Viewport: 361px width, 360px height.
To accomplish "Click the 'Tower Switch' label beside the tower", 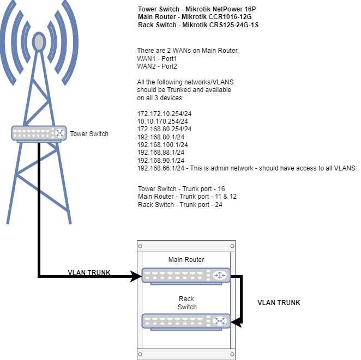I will [89, 134].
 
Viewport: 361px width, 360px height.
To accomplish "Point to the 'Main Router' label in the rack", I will [186, 259].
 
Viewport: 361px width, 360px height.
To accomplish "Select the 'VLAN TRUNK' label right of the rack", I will [279, 303].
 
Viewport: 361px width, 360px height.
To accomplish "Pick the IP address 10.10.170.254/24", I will [163, 121].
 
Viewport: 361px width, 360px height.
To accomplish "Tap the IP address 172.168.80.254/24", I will [164, 129].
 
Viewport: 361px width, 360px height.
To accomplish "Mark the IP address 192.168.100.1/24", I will [163, 145].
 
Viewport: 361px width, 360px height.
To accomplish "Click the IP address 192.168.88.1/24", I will [160, 152].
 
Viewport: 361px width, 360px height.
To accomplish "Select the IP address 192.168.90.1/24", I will [160, 161].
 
